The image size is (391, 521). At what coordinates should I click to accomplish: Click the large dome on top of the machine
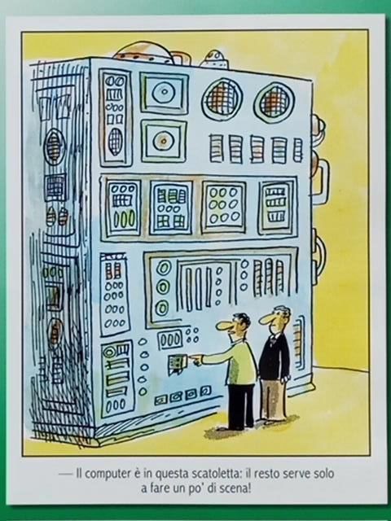pos(144,51)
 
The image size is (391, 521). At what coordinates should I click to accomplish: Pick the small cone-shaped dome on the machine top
pos(214,59)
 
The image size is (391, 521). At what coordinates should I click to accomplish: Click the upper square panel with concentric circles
pos(164,93)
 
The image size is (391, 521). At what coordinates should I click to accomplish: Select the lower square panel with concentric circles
pos(163,141)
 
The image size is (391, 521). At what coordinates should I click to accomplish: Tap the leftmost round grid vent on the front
pos(222,99)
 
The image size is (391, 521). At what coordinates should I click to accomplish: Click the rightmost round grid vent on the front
pos(275,103)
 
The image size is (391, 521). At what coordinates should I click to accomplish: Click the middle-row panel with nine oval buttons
pos(223,207)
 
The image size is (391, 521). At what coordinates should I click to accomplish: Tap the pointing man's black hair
pos(242,320)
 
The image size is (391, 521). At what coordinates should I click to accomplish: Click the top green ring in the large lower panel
pos(164,268)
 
